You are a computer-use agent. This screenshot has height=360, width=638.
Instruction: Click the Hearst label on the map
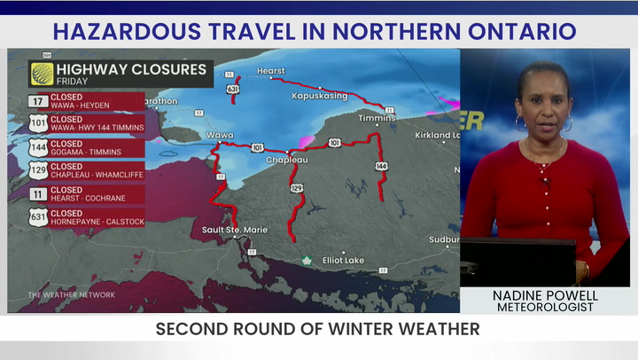point(271,71)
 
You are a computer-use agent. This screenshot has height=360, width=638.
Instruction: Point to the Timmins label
point(376,118)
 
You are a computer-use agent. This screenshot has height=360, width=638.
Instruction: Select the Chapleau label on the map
point(287,160)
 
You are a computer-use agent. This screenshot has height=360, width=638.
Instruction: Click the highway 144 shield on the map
point(382,166)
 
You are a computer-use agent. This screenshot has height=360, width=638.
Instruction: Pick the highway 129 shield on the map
point(297,188)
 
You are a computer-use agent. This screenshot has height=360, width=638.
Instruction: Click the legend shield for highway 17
point(39,101)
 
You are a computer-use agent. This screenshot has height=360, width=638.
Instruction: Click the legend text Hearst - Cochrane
point(87,200)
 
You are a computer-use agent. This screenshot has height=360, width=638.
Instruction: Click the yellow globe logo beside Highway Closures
point(41,73)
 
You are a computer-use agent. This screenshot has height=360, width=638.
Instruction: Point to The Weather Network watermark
point(71,294)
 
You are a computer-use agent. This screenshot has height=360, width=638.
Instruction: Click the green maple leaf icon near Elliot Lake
point(307,260)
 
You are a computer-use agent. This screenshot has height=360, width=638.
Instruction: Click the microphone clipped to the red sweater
point(546,182)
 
